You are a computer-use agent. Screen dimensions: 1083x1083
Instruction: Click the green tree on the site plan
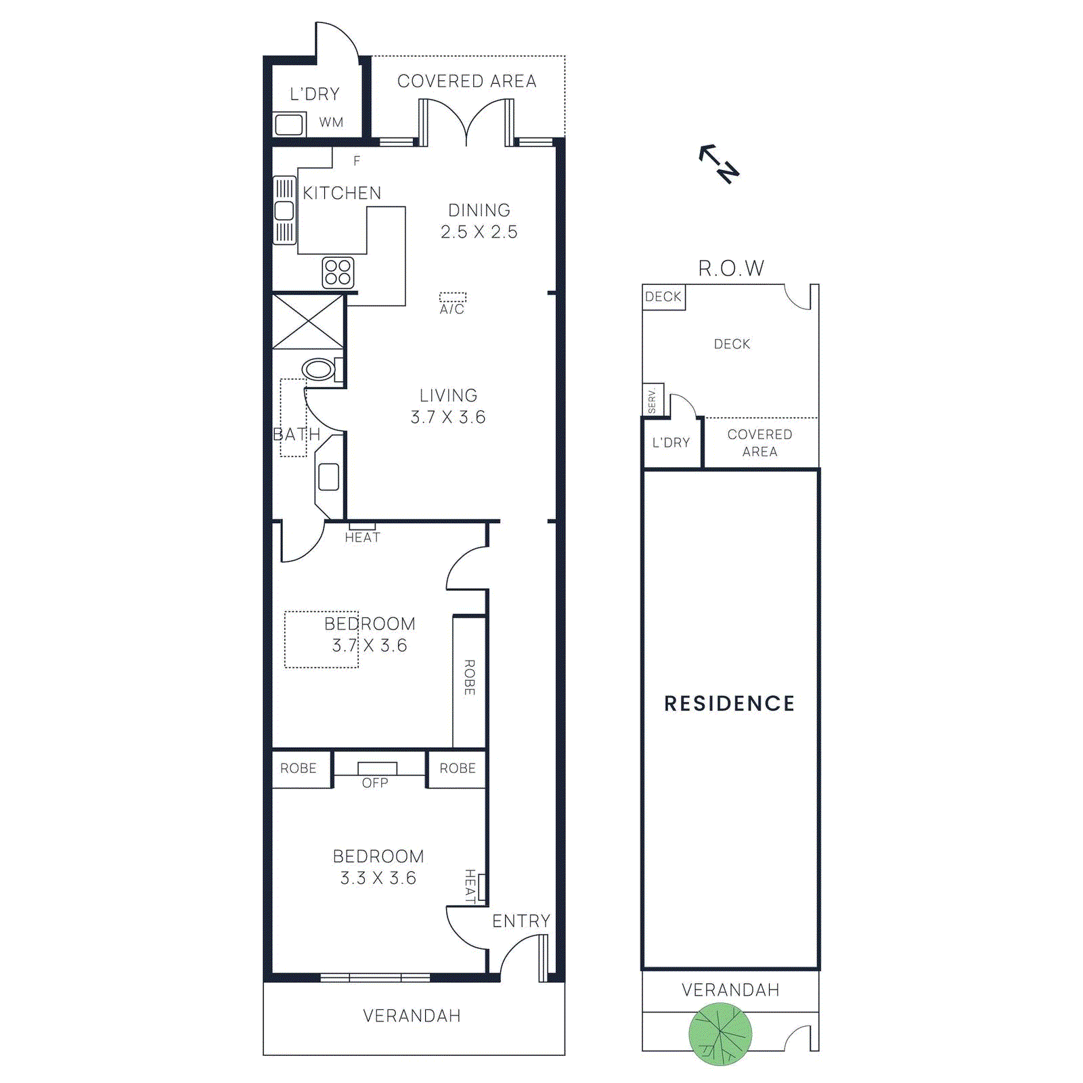point(720,1034)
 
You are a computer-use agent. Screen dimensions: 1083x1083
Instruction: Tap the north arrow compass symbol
point(719,163)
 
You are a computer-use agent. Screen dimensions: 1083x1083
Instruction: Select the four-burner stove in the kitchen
point(338,272)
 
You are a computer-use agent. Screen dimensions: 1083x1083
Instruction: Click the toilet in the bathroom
point(319,370)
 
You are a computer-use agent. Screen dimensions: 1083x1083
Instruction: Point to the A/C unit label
point(452,309)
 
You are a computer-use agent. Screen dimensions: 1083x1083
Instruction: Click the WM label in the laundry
point(331,123)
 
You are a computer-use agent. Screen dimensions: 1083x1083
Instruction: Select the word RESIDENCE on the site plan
point(729,704)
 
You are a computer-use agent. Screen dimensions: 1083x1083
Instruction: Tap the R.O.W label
point(731,269)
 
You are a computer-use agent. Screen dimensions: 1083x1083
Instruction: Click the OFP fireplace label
point(375,782)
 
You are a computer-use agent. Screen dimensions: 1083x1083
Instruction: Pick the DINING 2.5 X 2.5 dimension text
point(479,231)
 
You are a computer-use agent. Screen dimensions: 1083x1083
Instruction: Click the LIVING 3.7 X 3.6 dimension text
point(448,417)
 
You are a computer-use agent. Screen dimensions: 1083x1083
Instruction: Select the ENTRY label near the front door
point(521,921)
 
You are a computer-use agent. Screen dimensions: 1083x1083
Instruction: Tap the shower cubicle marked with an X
point(308,322)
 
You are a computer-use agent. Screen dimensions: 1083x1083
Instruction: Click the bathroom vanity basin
point(329,477)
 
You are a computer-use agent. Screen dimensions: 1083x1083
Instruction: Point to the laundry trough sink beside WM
point(289,125)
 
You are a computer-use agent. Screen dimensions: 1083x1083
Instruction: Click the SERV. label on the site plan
point(652,400)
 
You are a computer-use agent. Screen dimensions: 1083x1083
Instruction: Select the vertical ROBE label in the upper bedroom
point(469,677)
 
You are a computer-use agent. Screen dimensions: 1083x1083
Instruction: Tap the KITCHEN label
point(342,193)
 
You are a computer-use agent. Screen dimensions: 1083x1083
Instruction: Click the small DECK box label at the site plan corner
point(663,296)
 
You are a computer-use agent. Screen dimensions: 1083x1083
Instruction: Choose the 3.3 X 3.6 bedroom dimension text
point(378,878)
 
